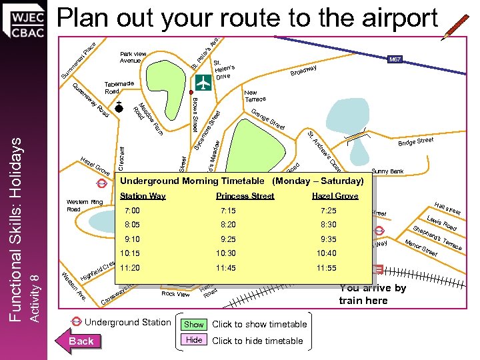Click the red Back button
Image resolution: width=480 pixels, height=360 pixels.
pyautogui.click(x=82, y=341)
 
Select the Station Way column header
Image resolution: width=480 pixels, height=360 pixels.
pyautogui.click(x=143, y=196)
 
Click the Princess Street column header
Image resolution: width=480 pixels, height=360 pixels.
pyautogui.click(x=245, y=196)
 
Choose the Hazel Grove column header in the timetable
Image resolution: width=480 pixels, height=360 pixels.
pyautogui.click(x=335, y=196)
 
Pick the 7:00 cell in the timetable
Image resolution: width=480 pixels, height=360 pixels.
pyautogui.click(x=133, y=211)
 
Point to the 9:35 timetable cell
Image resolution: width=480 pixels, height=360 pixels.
pyautogui.click(x=328, y=239)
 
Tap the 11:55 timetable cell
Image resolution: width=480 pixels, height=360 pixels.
pyautogui.click(x=327, y=268)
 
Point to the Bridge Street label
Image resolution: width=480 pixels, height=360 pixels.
pyautogui.click(x=415, y=141)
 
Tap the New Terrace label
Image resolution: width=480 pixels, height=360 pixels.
pyautogui.click(x=255, y=96)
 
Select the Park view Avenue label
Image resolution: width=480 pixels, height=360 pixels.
pyautogui.click(x=133, y=57)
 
